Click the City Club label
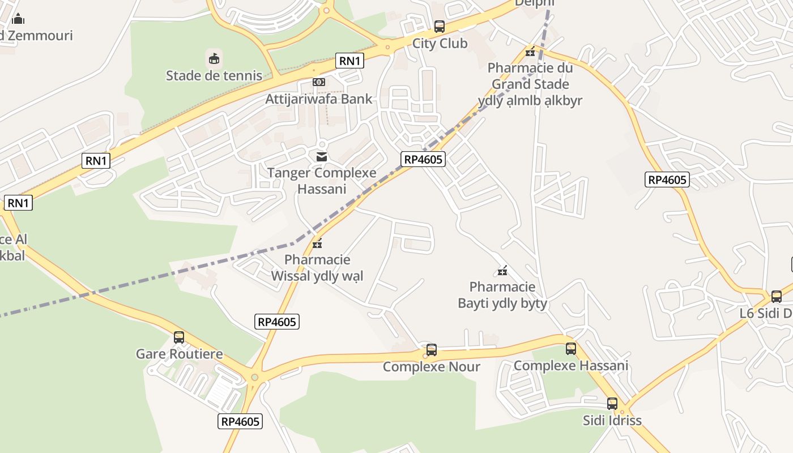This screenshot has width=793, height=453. pyautogui.click(x=440, y=44)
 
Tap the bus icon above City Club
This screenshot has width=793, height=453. pyautogui.click(x=440, y=26)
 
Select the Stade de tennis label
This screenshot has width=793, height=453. pyautogui.click(x=214, y=75)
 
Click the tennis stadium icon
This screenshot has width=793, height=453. pyautogui.click(x=214, y=58)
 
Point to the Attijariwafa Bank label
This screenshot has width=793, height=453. pyautogui.click(x=319, y=99)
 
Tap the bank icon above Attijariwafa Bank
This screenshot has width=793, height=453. pyautogui.click(x=319, y=82)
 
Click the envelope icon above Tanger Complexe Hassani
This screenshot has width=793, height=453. pyautogui.click(x=322, y=156)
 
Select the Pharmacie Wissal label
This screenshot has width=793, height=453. pyautogui.click(x=317, y=268)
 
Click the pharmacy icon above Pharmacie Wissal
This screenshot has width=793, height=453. pyautogui.click(x=317, y=243)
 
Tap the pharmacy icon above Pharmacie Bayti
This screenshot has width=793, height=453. pyautogui.click(x=502, y=271)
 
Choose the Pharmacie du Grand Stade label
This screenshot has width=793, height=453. pyautogui.click(x=530, y=84)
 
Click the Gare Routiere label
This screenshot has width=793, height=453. pyautogui.click(x=179, y=354)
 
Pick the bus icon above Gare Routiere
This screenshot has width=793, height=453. pyautogui.click(x=179, y=337)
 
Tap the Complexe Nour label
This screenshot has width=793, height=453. pyautogui.click(x=432, y=367)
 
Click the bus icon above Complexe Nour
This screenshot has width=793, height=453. pyautogui.click(x=432, y=350)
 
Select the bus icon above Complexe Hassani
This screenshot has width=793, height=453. pyautogui.click(x=571, y=349)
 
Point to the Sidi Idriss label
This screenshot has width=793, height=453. pyautogui.click(x=612, y=421)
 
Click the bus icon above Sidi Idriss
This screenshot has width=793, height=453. pyautogui.click(x=612, y=404)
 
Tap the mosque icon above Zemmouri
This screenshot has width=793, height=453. pyautogui.click(x=19, y=19)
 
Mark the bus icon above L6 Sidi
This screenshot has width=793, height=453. pyautogui.click(x=777, y=296)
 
